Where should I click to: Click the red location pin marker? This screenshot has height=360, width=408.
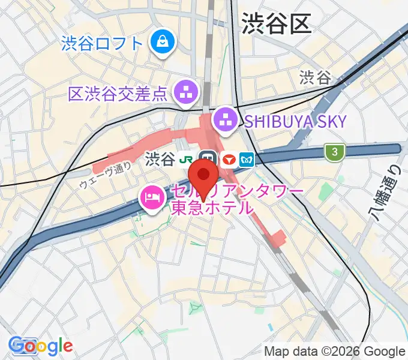(203, 178)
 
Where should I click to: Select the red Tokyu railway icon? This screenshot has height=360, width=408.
(228, 160)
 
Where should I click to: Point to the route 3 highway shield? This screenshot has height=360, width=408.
(334, 152)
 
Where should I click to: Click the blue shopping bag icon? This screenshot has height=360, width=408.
(162, 41)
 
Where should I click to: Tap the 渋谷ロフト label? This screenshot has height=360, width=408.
(103, 43)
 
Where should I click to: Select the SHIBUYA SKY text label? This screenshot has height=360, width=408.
(295, 121)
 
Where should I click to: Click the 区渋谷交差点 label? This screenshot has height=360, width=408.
(118, 94)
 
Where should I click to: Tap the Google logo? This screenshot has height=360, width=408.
(40, 346)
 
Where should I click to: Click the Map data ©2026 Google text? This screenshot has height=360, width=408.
(335, 352)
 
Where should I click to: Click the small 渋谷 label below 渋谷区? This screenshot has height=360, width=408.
(315, 77)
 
